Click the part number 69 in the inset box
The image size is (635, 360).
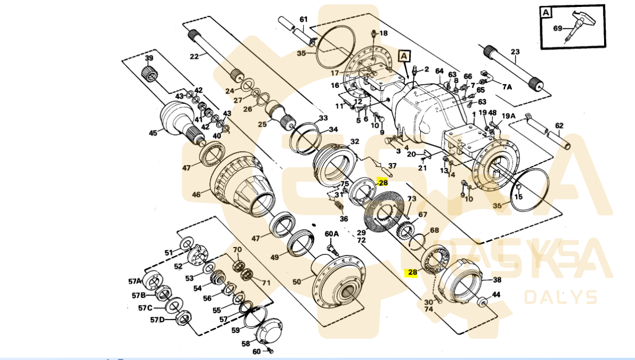click(x=558, y=28)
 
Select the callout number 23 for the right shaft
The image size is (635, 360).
click(x=515, y=52)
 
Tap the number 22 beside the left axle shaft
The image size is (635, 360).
click(x=194, y=56)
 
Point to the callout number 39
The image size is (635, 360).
click(x=149, y=58)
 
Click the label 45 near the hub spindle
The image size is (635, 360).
click(x=153, y=133)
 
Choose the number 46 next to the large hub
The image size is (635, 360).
click(x=197, y=195)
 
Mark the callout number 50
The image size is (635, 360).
click(x=297, y=281)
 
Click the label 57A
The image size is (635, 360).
click(x=134, y=281)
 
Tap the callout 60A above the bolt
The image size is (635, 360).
click(x=331, y=234)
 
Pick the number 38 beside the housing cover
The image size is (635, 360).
click(x=496, y=280)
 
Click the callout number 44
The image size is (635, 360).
click(x=495, y=294)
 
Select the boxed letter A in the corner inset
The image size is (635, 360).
click(x=546, y=12)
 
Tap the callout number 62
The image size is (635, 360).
click(x=559, y=126)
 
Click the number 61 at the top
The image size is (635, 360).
click(x=303, y=20)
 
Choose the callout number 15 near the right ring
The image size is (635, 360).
click(x=518, y=197)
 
